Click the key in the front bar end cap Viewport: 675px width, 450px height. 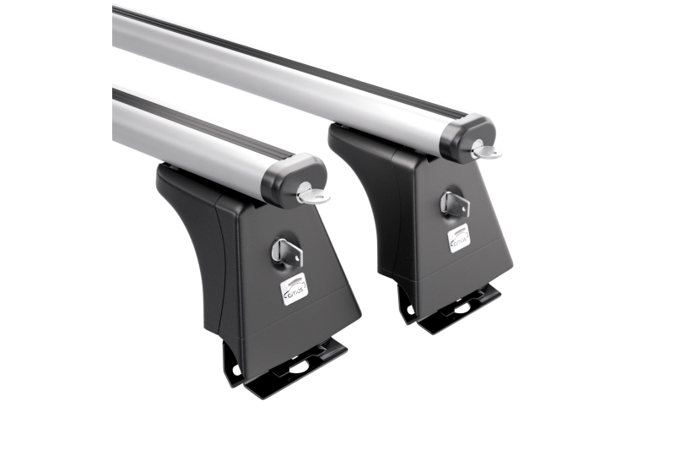[313, 196]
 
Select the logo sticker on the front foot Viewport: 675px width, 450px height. [294, 290]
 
